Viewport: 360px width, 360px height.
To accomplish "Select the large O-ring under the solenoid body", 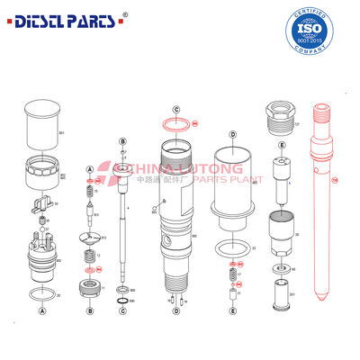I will point(41,292).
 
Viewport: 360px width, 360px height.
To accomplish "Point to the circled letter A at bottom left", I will point(41,310).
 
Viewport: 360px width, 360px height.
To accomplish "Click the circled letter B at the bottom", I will point(90,310).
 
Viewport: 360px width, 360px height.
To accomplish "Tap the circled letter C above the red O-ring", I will point(177,109).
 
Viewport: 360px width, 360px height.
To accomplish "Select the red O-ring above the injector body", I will point(177,123).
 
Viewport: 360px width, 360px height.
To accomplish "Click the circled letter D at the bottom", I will point(176,310).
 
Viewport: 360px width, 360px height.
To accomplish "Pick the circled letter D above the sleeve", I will point(232,134).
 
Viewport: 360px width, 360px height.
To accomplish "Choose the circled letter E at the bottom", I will point(232,310).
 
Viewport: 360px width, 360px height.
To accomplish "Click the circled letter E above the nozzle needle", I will point(282,145).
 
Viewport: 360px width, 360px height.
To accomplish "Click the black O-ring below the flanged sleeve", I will point(231,247).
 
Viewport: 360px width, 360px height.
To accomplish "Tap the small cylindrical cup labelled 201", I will point(282,292).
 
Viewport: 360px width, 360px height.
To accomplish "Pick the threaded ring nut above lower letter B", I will point(90,289).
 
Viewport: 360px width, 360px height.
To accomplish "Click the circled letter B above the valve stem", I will point(121,141).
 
